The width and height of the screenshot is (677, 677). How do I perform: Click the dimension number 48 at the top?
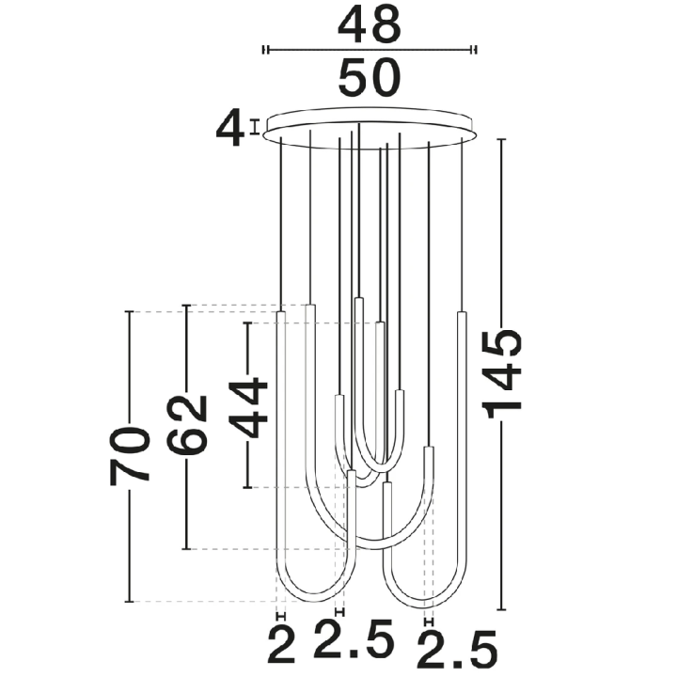(x=370, y=25)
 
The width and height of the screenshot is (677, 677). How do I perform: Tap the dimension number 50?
(x=370, y=78)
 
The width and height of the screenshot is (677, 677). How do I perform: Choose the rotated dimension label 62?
(x=187, y=425)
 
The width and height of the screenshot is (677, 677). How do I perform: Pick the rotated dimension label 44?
(x=248, y=407)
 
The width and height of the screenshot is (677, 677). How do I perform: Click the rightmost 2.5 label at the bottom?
(x=457, y=649)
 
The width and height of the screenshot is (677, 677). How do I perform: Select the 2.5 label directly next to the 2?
(x=354, y=638)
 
